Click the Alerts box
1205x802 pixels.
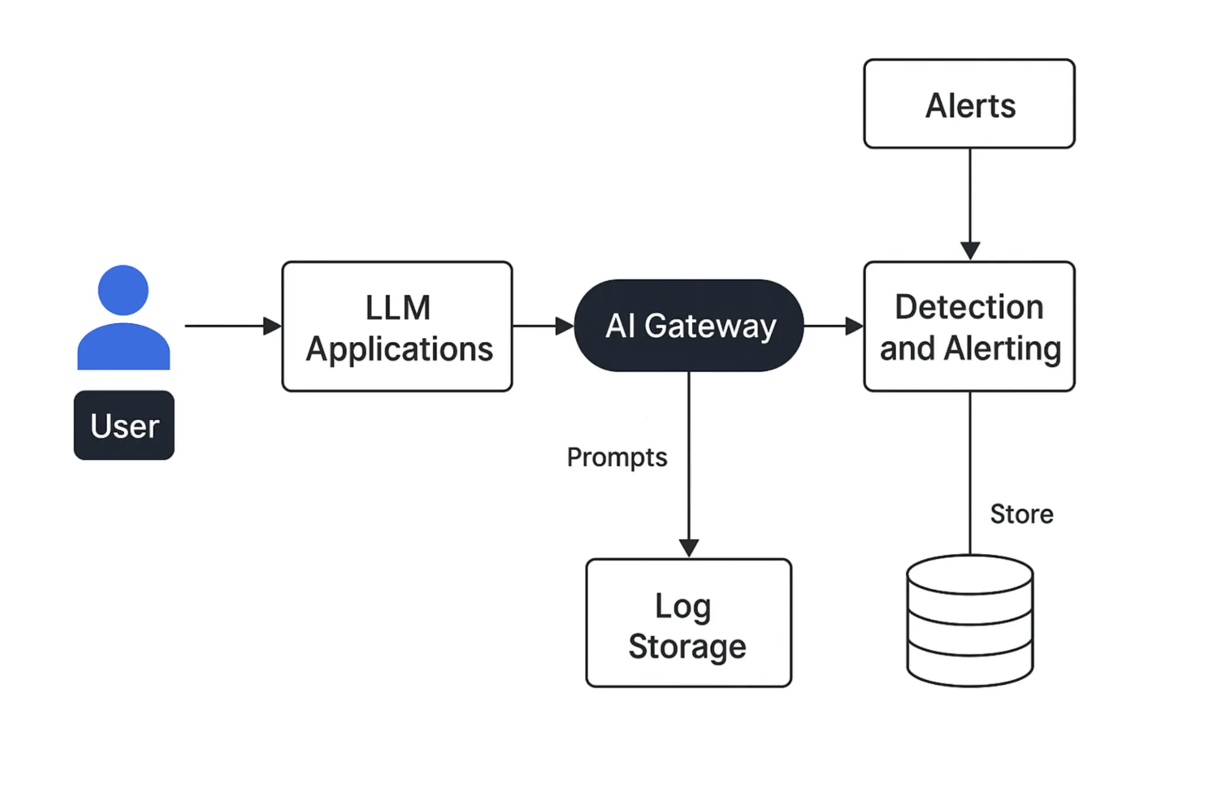(968, 104)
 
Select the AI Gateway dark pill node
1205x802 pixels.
(688, 325)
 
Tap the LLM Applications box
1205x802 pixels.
(397, 326)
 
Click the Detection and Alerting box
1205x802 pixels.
(968, 326)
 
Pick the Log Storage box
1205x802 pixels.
(688, 622)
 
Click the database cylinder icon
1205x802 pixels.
(969, 621)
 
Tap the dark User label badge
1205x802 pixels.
(124, 425)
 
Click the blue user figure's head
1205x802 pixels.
(123, 290)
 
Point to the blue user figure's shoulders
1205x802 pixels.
(124, 349)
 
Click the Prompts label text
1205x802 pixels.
(617, 458)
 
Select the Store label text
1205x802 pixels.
(1021, 514)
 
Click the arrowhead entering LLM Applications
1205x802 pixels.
(272, 326)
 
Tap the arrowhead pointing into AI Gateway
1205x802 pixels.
(564, 326)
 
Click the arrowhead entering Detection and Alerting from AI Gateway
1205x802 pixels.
(854, 326)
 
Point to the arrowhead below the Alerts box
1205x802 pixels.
(970, 250)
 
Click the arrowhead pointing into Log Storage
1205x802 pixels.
(688, 548)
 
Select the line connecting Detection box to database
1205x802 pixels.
(970, 471)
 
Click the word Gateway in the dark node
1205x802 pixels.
(710, 326)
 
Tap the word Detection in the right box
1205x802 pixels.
(969, 307)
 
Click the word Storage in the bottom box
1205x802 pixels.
(687, 647)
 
